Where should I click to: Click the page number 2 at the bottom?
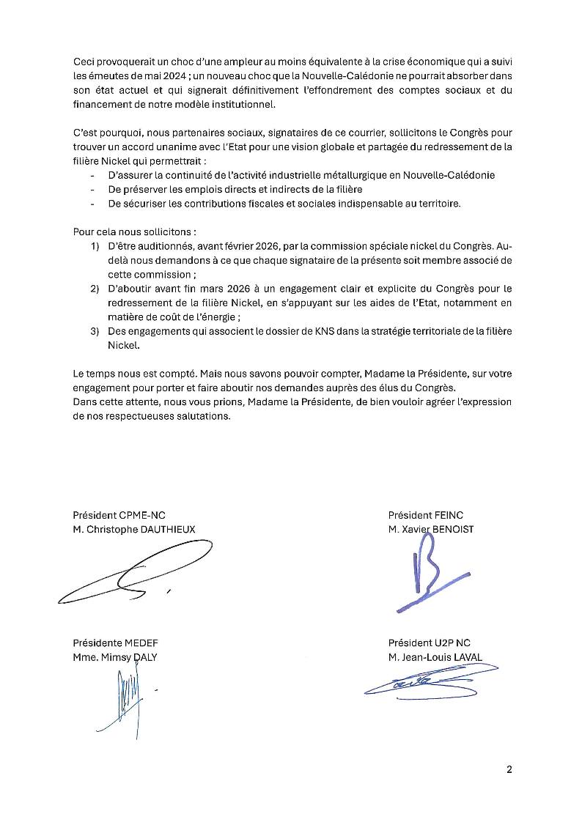(509, 769)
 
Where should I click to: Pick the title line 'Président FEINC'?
(426, 515)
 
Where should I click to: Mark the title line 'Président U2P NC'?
(430, 643)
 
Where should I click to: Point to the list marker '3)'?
(95, 330)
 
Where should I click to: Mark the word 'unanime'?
(152, 147)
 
